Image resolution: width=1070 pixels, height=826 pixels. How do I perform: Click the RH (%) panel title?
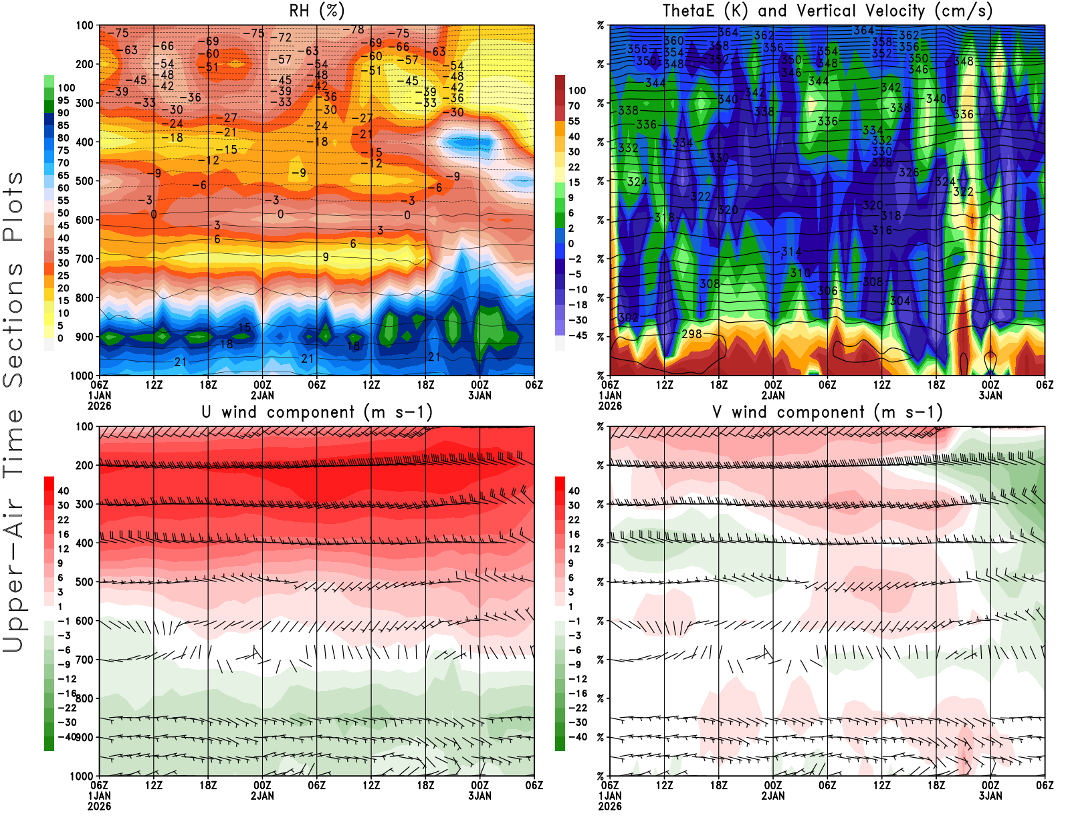coord(316,11)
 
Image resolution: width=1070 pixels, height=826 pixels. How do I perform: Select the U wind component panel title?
coord(316,412)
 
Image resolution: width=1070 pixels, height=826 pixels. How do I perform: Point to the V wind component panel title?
coord(827,412)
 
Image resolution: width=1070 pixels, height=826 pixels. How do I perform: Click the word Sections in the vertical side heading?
coord(13,324)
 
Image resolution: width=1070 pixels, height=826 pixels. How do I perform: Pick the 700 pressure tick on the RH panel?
coord(84,259)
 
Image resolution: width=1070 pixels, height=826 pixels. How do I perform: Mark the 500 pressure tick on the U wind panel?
coord(84,582)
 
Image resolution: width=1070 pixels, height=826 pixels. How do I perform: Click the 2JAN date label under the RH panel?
coord(262,395)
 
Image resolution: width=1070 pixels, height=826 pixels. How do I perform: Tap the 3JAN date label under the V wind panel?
coord(990,796)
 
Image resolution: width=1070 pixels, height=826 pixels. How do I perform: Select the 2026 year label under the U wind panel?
coord(99,806)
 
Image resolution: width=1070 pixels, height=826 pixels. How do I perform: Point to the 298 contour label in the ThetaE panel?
coord(691,333)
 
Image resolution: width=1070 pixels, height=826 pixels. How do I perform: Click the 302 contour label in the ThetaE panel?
coord(628,317)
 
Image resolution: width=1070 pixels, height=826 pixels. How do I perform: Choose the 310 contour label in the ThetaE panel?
coord(800,273)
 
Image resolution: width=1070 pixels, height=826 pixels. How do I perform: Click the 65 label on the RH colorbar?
coord(63,176)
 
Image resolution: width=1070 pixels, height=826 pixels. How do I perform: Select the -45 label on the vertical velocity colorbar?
coord(577,335)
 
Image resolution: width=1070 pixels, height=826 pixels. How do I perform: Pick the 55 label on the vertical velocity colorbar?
coord(574,121)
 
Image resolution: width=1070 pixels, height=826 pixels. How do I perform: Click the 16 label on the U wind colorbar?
coord(63,535)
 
